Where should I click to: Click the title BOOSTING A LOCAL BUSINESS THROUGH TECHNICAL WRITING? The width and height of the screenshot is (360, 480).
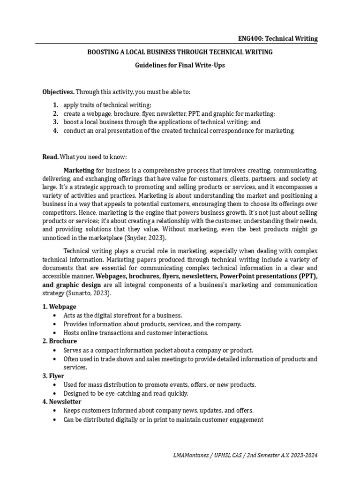(x=180, y=52)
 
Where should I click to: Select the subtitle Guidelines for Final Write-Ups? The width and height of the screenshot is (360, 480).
(x=180, y=65)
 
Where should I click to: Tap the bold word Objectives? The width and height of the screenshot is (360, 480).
(x=59, y=92)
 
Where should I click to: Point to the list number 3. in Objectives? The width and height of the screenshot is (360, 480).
(x=55, y=122)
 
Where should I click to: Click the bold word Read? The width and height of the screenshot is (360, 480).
(x=51, y=156)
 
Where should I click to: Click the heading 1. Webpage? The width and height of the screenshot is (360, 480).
(x=60, y=307)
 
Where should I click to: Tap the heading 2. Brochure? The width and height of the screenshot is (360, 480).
(x=60, y=341)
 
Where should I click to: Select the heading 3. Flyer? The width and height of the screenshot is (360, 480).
(x=53, y=376)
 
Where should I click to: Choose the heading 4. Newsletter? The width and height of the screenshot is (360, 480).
(x=62, y=402)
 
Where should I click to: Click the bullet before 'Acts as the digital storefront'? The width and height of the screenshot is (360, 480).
(x=55, y=315)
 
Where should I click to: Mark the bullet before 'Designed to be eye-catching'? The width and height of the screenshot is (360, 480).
(x=55, y=393)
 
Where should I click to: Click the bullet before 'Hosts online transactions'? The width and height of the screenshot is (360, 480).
(x=55, y=333)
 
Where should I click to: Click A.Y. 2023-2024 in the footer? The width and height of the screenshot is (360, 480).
(x=300, y=455)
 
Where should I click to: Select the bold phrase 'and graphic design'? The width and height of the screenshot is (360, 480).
(x=71, y=285)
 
